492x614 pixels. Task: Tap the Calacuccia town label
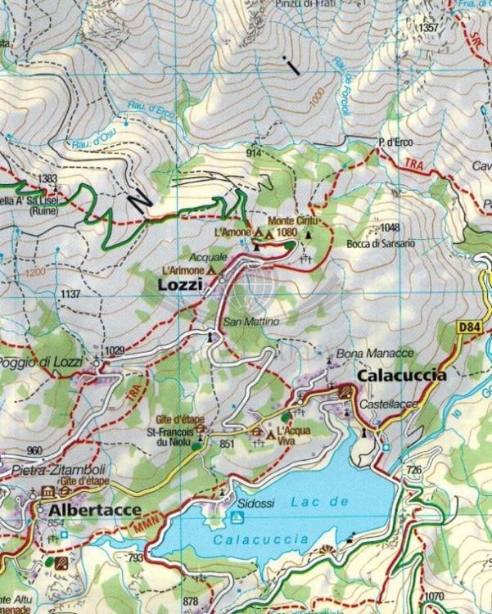click(402, 376)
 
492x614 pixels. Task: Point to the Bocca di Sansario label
click(381, 243)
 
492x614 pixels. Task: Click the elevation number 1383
click(48, 178)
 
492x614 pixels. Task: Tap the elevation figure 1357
click(427, 28)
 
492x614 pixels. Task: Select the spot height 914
click(253, 153)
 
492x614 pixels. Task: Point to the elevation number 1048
click(390, 228)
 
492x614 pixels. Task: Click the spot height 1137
click(71, 293)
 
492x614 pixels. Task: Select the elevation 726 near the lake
click(413, 470)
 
